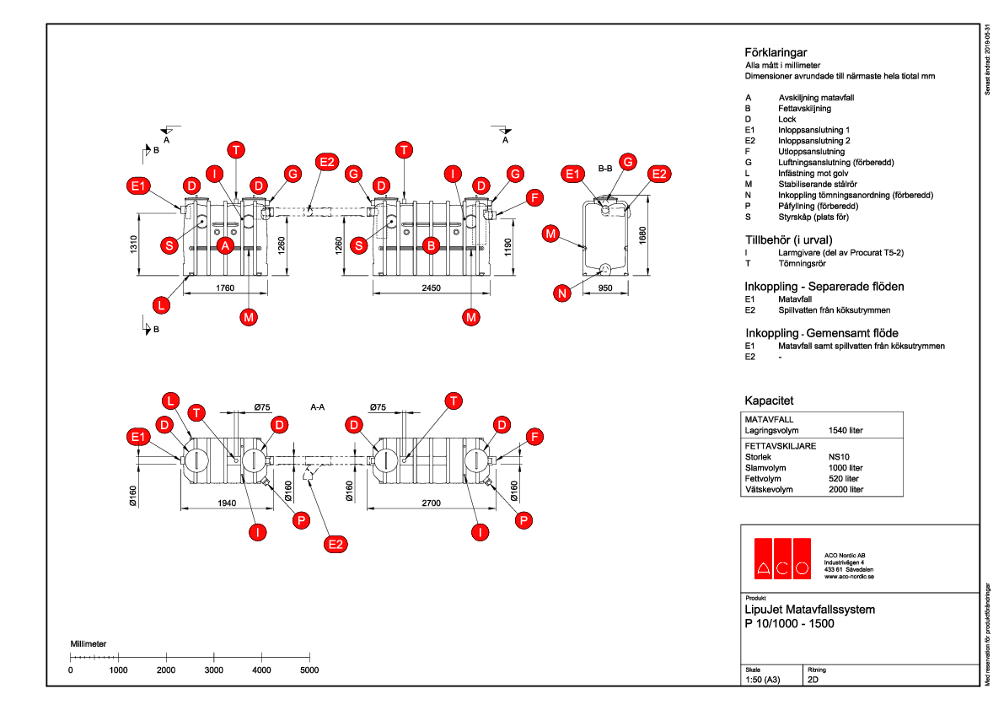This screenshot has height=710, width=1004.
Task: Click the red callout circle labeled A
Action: pyautogui.click(x=225, y=245)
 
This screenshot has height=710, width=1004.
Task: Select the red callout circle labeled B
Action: pyautogui.click(x=432, y=245)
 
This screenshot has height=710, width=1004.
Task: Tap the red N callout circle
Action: pyautogui.click(x=562, y=293)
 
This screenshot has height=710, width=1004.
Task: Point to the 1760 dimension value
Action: pyautogui.click(x=225, y=288)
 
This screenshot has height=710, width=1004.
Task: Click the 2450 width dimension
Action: pyautogui.click(x=431, y=288)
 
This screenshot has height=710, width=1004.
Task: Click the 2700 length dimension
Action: pyautogui.click(x=432, y=503)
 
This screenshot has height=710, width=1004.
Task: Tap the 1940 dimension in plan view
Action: pyautogui.click(x=225, y=503)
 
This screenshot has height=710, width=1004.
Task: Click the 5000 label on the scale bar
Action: pyautogui.click(x=309, y=670)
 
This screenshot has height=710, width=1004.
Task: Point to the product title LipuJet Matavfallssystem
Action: pyautogui.click(x=810, y=610)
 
